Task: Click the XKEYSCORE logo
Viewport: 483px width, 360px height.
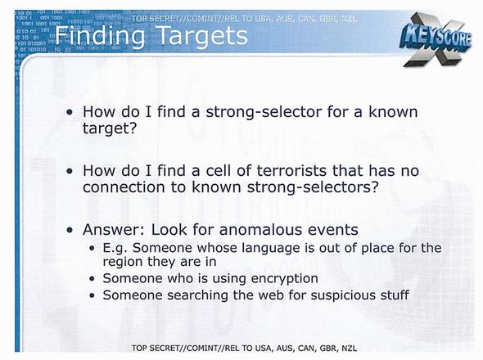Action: coord(436,40)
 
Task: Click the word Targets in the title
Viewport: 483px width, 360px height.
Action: coord(202,36)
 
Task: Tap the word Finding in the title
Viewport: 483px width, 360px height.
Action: coord(100,36)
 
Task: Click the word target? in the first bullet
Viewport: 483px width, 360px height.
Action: coord(110,128)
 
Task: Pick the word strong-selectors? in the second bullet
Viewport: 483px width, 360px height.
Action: coord(313,187)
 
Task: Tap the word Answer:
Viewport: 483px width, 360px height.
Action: coord(114,230)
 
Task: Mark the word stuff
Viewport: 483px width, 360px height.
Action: coord(395,295)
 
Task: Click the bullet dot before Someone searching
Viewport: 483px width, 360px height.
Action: coord(93,295)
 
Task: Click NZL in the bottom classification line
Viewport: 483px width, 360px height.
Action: coord(350,349)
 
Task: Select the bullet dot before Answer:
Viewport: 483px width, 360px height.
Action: coord(70,230)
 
